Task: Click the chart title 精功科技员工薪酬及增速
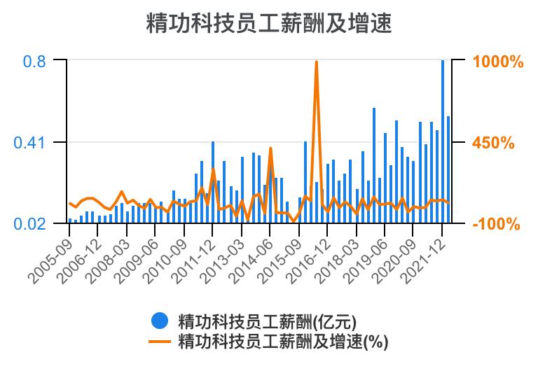click(x=269, y=23)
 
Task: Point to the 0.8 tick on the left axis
click(x=34, y=62)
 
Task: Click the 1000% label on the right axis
click(x=498, y=62)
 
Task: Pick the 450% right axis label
click(x=494, y=143)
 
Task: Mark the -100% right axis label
click(x=496, y=224)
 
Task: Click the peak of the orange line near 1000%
click(x=317, y=62)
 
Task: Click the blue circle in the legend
click(x=160, y=321)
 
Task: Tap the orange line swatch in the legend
click(x=160, y=342)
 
